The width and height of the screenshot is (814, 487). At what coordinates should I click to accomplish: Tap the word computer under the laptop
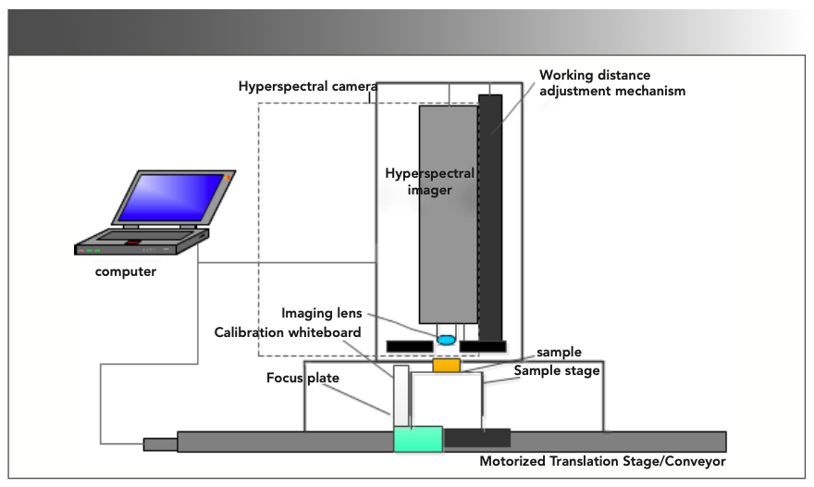(125, 272)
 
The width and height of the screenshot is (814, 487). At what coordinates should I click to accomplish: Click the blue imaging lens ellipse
(446, 340)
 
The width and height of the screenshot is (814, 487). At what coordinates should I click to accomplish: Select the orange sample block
(446, 365)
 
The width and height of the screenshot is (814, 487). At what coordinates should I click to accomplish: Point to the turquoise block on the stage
(418, 440)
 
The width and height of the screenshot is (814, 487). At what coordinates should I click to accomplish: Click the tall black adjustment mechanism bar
(490, 218)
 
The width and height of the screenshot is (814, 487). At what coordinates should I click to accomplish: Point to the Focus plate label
(302, 378)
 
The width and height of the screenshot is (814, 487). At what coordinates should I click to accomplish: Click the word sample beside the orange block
(559, 353)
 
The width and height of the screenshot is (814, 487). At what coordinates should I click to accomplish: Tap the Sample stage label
(557, 370)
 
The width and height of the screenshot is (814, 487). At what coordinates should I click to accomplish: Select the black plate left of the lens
(409, 347)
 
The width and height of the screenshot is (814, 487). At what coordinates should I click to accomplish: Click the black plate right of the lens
(482, 347)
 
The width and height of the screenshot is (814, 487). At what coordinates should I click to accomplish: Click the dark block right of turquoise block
(477, 438)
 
